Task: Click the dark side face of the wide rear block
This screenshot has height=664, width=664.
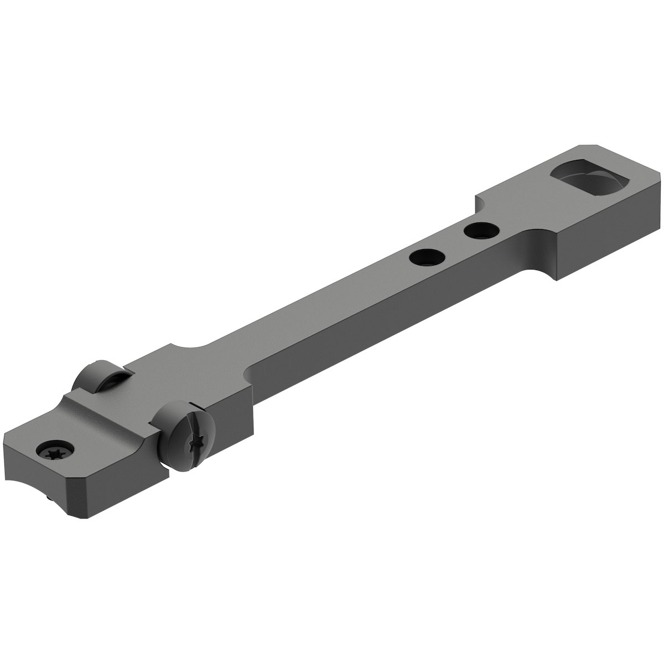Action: pos(609,243)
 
